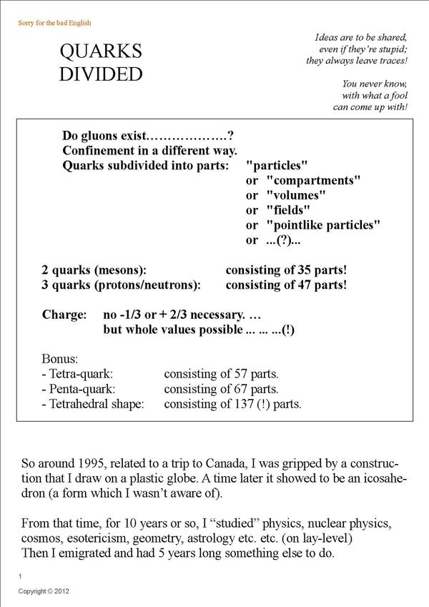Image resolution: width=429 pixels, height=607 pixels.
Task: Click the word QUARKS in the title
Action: (x=100, y=51)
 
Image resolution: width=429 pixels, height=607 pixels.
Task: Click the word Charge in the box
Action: (x=64, y=315)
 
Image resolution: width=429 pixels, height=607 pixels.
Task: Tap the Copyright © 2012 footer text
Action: (x=44, y=592)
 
